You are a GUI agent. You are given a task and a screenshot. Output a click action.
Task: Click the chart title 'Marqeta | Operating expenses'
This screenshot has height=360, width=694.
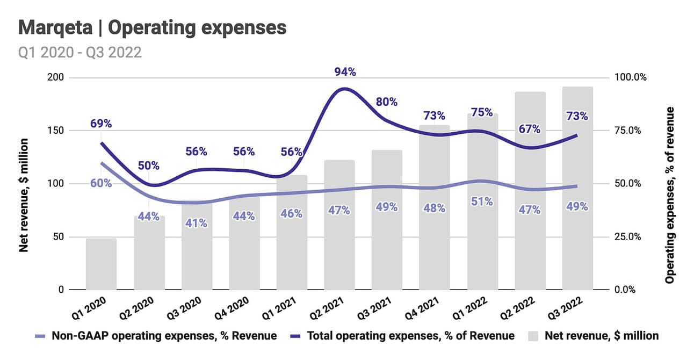pos(153,28)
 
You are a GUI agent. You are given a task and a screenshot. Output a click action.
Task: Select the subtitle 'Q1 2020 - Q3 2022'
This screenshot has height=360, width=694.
pos(80,52)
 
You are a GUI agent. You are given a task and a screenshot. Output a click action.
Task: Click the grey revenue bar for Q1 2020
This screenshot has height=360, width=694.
pos(101,264)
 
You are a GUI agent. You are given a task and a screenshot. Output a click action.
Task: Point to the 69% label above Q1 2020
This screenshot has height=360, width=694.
pos(100,124)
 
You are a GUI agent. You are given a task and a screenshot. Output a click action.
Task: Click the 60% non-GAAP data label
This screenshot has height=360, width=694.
pos(100,183)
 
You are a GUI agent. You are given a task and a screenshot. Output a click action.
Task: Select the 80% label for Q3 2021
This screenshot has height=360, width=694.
pos(386,102)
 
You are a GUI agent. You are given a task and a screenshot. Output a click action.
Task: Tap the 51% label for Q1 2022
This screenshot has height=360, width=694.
pos(482,201)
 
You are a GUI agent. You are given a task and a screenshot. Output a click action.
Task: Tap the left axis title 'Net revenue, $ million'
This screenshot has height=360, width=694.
pos(24,195)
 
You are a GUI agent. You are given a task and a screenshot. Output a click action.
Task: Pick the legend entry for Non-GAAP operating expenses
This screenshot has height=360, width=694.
pos(156,336)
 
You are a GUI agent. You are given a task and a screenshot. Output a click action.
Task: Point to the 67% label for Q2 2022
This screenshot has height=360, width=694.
pos(530,129)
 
